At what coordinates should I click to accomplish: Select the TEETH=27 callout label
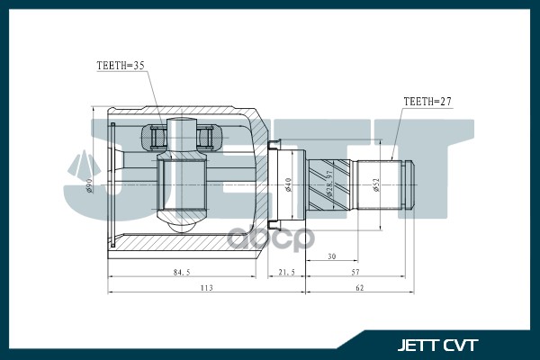click(x=427, y=102)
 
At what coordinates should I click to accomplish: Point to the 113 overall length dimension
click(x=205, y=289)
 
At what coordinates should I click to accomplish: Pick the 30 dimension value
click(x=331, y=256)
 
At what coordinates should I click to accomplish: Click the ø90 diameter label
click(x=90, y=185)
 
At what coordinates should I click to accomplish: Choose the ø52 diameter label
click(x=376, y=184)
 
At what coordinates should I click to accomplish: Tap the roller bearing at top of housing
click(x=184, y=138)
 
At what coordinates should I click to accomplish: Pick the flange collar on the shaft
click(x=276, y=185)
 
